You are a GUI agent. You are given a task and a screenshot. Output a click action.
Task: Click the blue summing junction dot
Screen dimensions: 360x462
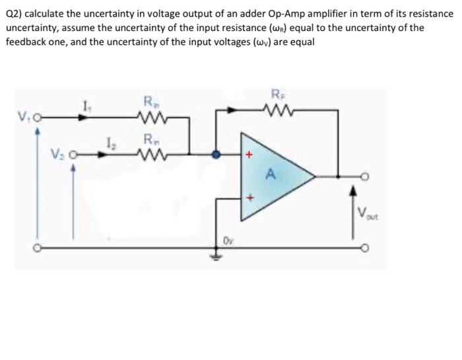click(x=214, y=155)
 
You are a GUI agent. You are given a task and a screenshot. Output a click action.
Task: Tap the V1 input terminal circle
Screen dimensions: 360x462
click(x=38, y=120)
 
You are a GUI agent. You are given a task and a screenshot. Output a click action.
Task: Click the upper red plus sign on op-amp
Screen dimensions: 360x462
click(x=249, y=155)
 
